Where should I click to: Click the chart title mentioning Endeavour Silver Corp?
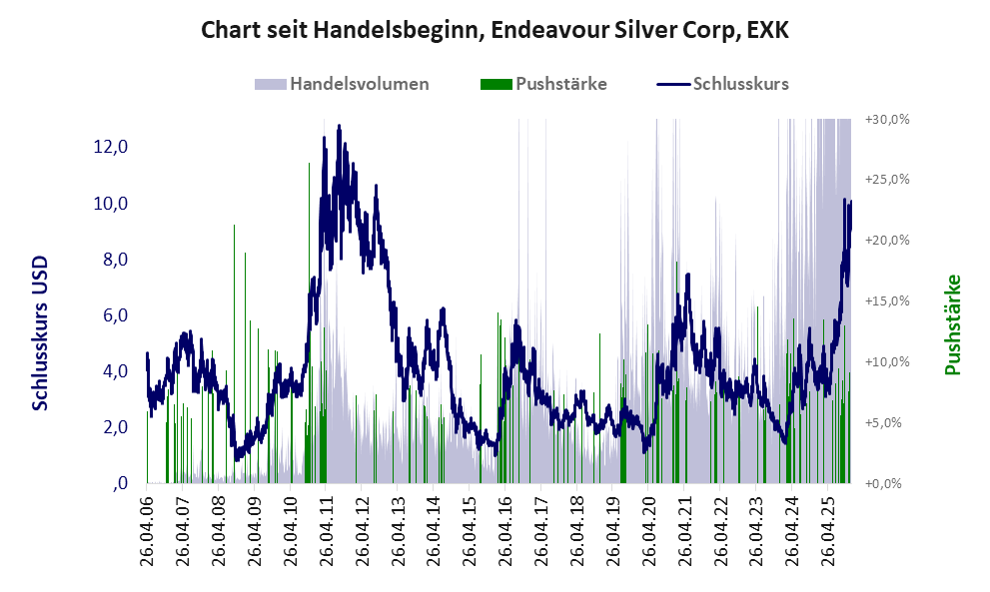(495, 31)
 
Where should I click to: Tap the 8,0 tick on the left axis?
(113, 260)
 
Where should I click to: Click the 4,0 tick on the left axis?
(113, 371)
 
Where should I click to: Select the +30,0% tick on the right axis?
(887, 120)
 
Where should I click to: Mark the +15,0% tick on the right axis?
(887, 301)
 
